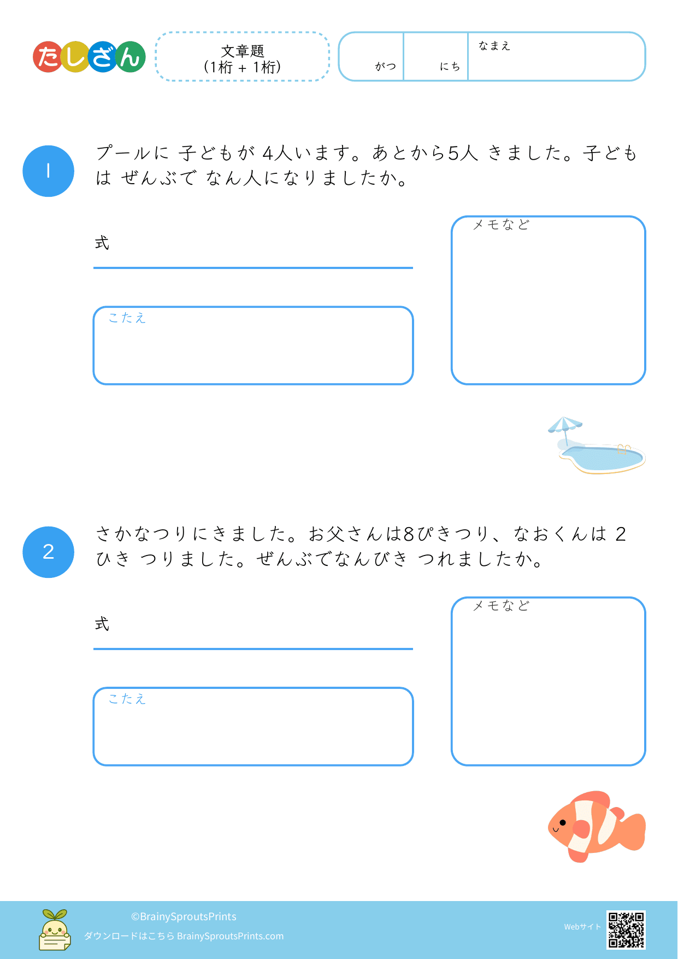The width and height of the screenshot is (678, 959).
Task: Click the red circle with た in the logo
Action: (x=48, y=57)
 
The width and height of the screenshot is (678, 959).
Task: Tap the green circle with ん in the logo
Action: (x=130, y=57)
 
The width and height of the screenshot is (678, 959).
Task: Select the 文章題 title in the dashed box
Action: (x=243, y=51)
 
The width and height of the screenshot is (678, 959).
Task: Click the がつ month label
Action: (x=385, y=66)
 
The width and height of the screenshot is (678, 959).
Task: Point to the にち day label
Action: (x=450, y=66)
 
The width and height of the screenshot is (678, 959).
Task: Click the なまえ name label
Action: (x=494, y=46)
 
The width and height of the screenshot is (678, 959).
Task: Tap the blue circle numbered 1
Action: (x=48, y=171)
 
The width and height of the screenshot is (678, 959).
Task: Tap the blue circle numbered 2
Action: (x=48, y=552)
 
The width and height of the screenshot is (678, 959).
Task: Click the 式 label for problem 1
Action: (x=102, y=243)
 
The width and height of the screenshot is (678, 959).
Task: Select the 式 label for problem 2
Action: (x=102, y=624)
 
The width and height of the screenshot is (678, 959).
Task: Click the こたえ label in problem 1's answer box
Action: (x=127, y=318)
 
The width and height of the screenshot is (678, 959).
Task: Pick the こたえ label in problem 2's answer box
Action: (x=127, y=699)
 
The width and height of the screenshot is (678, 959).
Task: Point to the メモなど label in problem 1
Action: (x=501, y=225)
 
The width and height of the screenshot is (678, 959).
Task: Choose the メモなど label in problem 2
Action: (x=501, y=606)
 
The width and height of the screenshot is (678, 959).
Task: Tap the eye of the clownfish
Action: (x=563, y=822)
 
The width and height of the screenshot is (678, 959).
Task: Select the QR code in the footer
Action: (x=626, y=929)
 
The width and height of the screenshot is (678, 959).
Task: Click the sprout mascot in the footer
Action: (x=55, y=929)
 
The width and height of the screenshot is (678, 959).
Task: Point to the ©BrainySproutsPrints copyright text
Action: (x=184, y=917)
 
